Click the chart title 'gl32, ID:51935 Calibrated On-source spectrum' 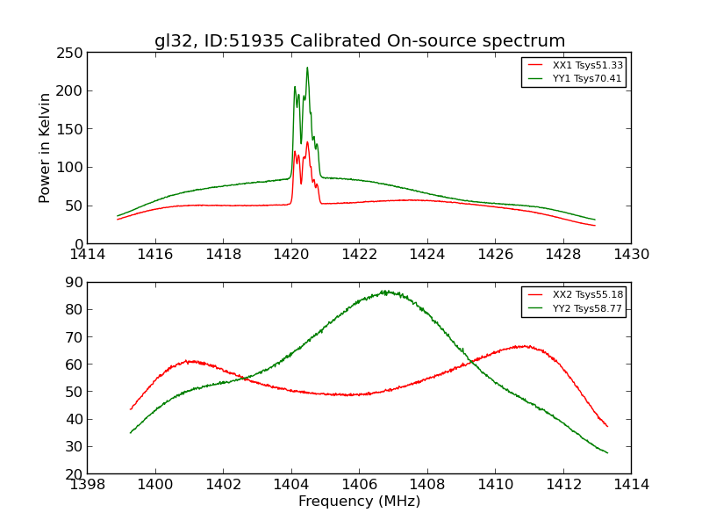pos(360,41)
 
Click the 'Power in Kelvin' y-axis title pos(46,148)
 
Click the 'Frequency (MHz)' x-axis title pos(359,502)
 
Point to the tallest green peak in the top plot pos(307,68)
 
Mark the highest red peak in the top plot pos(307,142)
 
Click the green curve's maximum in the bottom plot pos(384,292)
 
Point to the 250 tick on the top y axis pos(72,53)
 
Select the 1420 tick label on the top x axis pos(291,255)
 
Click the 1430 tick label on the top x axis pos(631,255)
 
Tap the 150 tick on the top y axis pos(72,129)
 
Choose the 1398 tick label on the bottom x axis pos(88,484)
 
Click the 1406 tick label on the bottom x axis pos(359,484)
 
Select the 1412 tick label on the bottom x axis pos(562,484)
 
